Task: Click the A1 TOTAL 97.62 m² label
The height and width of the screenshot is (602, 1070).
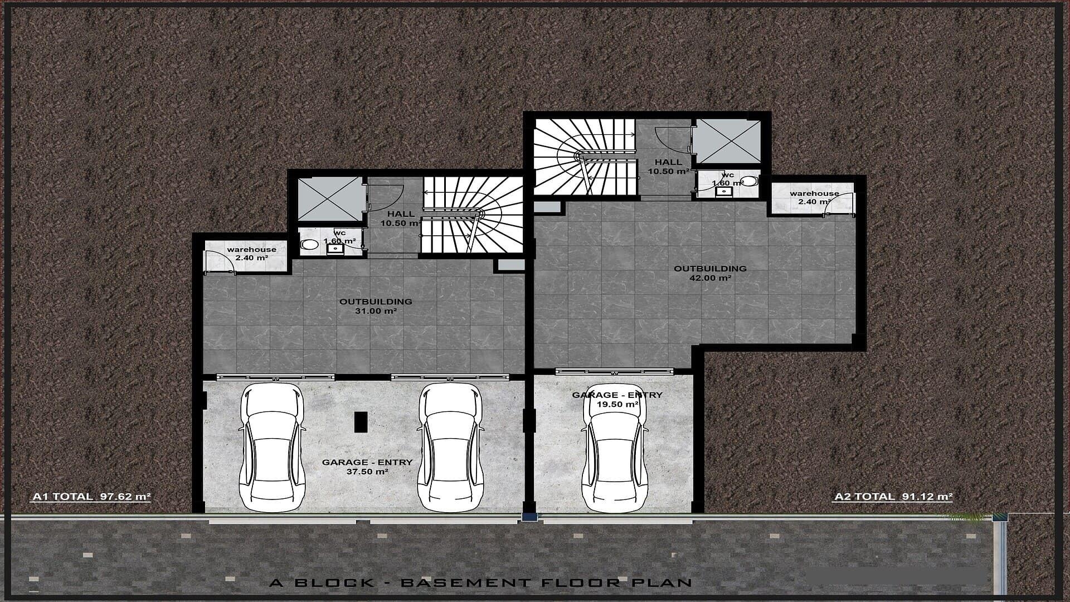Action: point(91,496)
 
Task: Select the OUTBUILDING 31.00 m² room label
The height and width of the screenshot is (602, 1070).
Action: point(376,306)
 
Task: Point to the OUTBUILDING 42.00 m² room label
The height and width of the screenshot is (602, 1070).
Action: point(710,273)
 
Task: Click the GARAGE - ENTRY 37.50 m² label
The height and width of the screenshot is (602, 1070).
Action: point(367,467)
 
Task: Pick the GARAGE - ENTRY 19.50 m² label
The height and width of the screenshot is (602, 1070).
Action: point(617,399)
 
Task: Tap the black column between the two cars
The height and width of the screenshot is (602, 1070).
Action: point(361,421)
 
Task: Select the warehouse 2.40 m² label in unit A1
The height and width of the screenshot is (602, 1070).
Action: point(251,254)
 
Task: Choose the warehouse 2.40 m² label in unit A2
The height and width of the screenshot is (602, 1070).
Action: point(814,197)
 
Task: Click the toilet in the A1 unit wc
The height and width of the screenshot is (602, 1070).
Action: point(308,244)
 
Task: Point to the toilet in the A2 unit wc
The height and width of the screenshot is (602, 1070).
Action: point(750,181)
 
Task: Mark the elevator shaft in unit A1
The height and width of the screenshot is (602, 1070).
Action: point(329,199)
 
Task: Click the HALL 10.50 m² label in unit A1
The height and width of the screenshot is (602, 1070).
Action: point(401,218)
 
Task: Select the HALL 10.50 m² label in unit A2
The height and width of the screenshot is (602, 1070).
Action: point(668,167)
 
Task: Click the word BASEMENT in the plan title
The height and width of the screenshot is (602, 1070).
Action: point(465,583)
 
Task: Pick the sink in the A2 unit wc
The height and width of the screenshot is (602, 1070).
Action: point(723,191)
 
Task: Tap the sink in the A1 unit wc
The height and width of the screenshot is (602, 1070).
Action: point(335,249)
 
